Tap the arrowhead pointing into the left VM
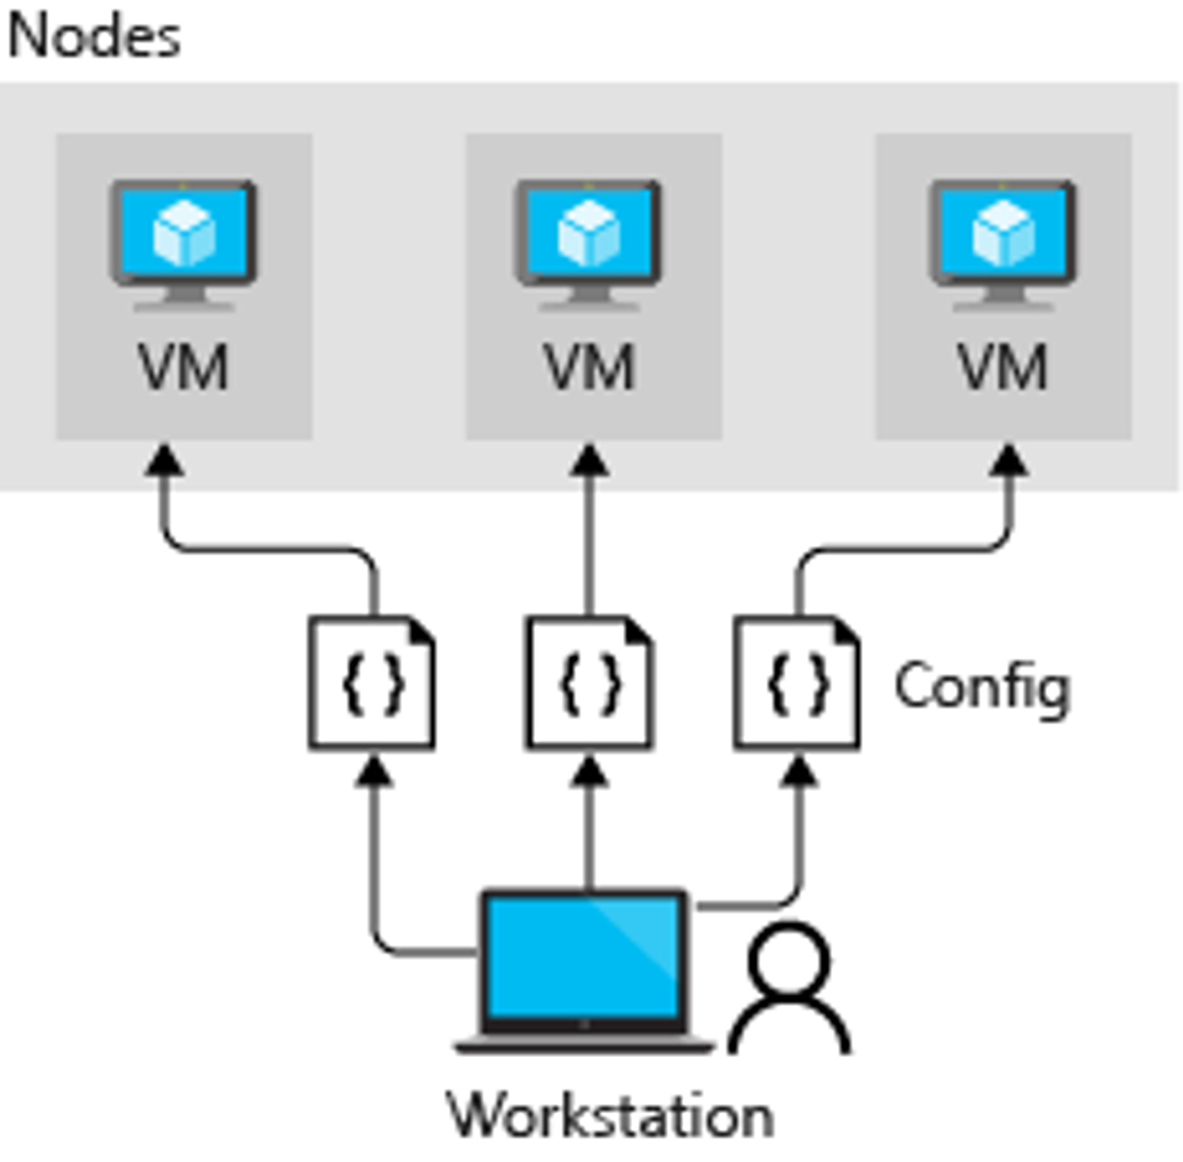(164, 461)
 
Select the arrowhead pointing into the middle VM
(589, 461)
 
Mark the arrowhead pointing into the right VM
(1009, 461)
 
